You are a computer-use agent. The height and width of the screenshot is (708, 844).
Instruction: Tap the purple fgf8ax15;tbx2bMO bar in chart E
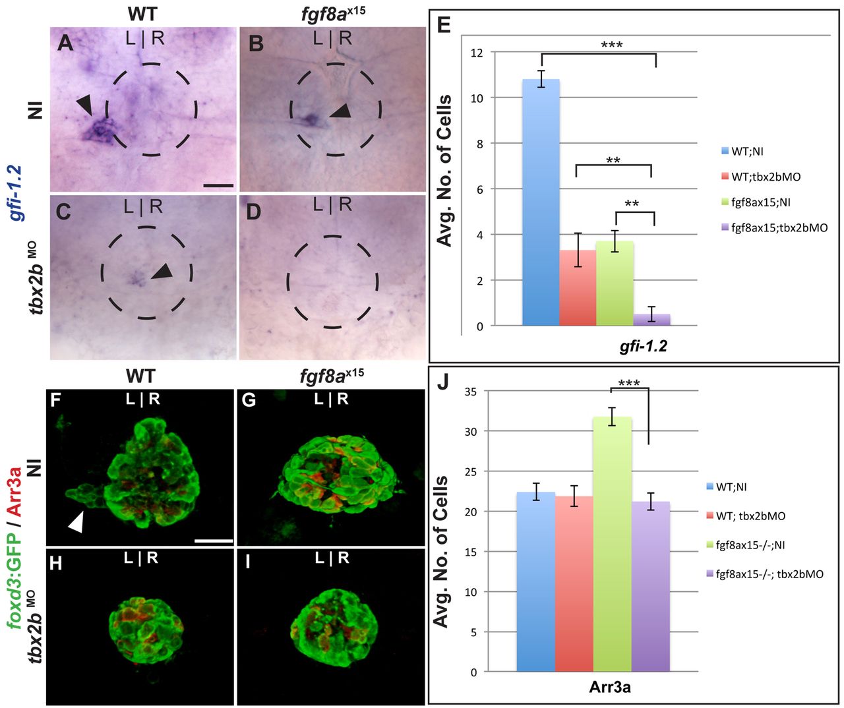coord(651,320)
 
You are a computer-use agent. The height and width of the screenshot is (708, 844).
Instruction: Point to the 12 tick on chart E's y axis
coord(476,53)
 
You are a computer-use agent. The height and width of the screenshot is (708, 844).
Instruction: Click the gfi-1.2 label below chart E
coord(643,345)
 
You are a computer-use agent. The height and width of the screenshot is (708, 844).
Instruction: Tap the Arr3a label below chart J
coord(609,688)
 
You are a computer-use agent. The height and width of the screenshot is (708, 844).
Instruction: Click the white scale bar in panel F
coord(214,541)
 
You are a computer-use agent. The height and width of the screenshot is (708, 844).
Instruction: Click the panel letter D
coord(254,212)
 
